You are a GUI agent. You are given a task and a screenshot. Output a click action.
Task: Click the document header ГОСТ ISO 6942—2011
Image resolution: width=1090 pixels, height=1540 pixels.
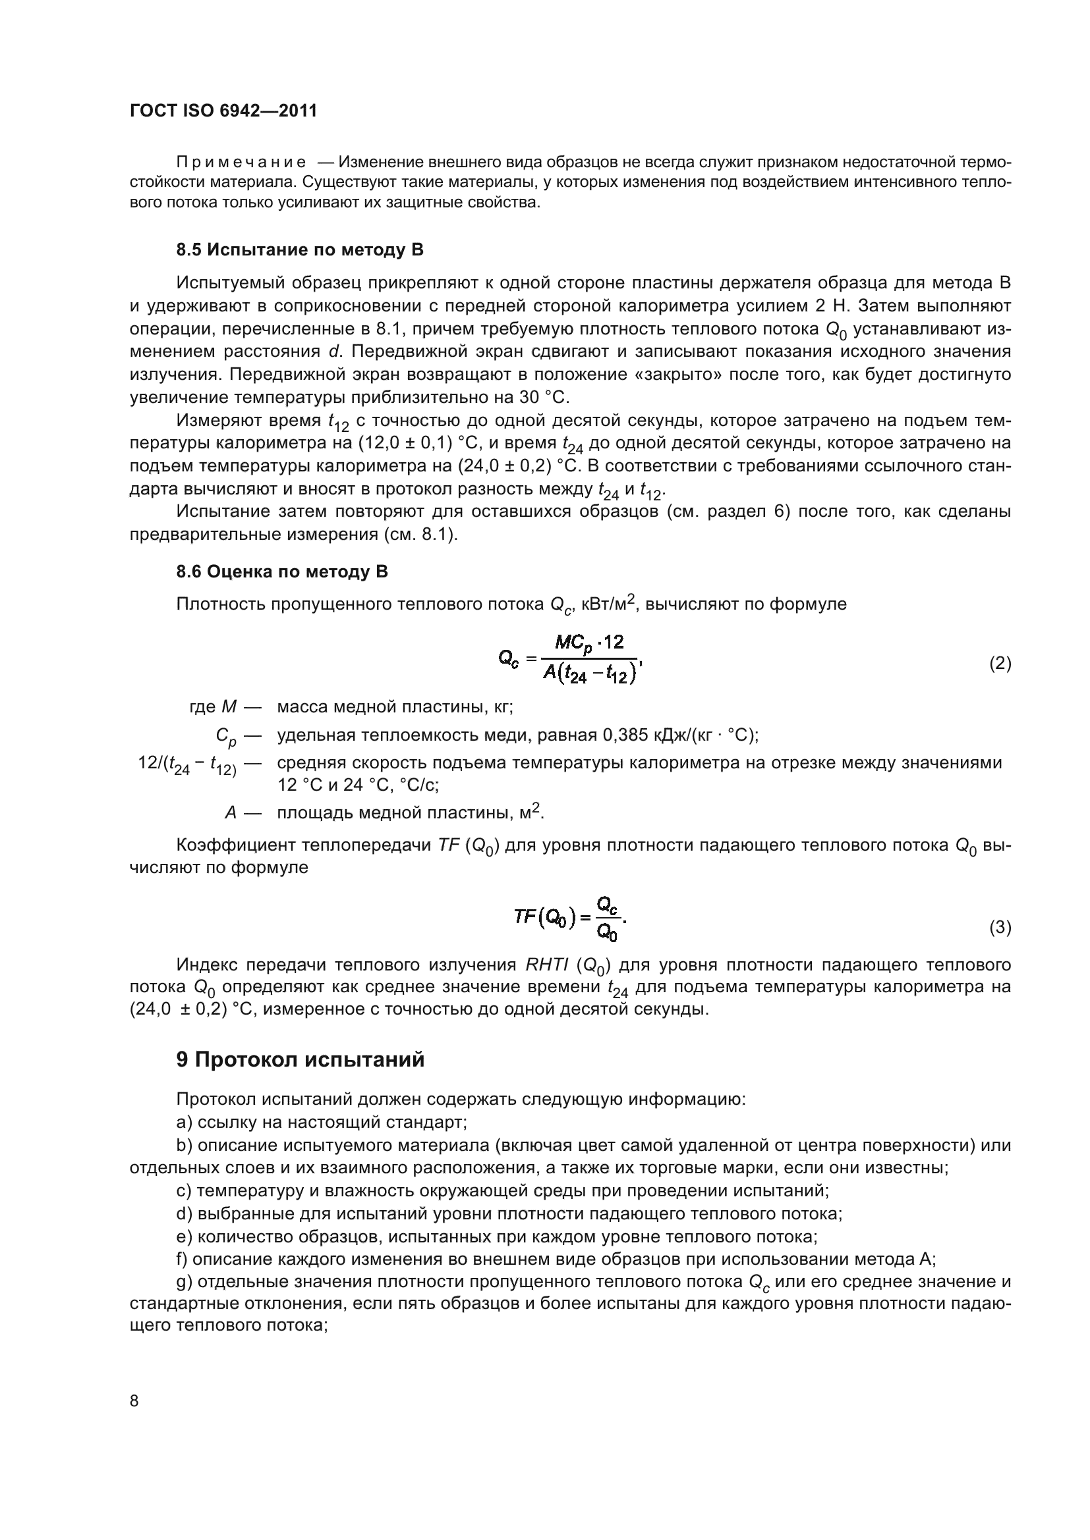point(223,111)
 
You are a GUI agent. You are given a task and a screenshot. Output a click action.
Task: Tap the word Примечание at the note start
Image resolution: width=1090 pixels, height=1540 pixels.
point(241,163)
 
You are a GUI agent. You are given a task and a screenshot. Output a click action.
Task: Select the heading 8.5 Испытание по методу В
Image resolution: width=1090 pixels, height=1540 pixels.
point(299,250)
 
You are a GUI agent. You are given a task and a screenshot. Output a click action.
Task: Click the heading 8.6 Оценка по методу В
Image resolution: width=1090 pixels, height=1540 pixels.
point(282,572)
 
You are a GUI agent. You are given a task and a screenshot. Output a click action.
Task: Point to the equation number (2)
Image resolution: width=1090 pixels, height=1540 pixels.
point(1000,664)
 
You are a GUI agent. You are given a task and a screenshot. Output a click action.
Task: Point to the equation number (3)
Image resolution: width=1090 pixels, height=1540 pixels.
point(1000,928)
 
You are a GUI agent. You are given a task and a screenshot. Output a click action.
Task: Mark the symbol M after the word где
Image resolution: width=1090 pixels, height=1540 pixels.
point(228,707)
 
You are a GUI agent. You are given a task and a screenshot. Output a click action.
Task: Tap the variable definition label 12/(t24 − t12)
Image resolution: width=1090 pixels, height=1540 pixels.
point(187,764)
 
